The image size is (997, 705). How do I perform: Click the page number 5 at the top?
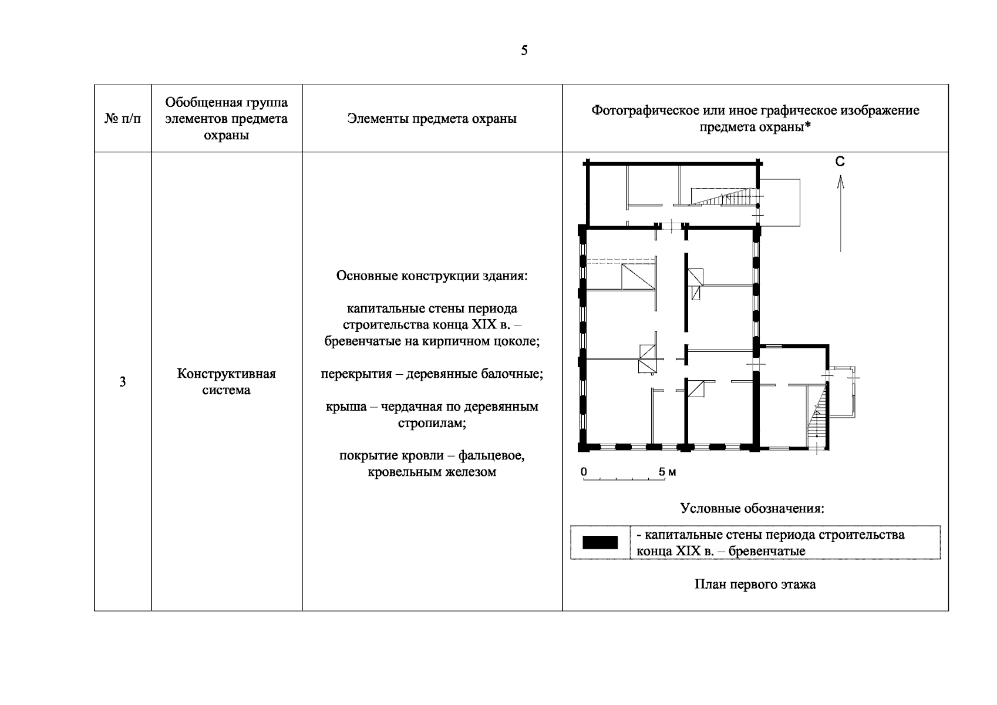pos(524,51)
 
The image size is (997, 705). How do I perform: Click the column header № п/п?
pos(123,119)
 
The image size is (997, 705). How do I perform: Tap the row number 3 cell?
pos(122,382)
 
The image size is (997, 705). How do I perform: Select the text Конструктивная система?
pos(227,382)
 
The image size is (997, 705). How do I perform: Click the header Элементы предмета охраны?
pos(432,119)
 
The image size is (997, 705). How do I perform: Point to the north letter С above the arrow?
pos(840,162)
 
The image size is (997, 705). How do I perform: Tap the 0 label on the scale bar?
pos(584,472)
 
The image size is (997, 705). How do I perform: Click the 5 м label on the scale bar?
pos(668,472)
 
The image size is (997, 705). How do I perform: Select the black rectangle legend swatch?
pos(599,542)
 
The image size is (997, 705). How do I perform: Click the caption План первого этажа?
pos(755,585)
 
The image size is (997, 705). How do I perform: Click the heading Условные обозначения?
pos(752,508)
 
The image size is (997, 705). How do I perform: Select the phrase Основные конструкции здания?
pos(432,276)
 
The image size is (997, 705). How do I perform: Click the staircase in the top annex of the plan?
pos(720,197)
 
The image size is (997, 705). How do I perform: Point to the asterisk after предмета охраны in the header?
pos(808,127)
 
